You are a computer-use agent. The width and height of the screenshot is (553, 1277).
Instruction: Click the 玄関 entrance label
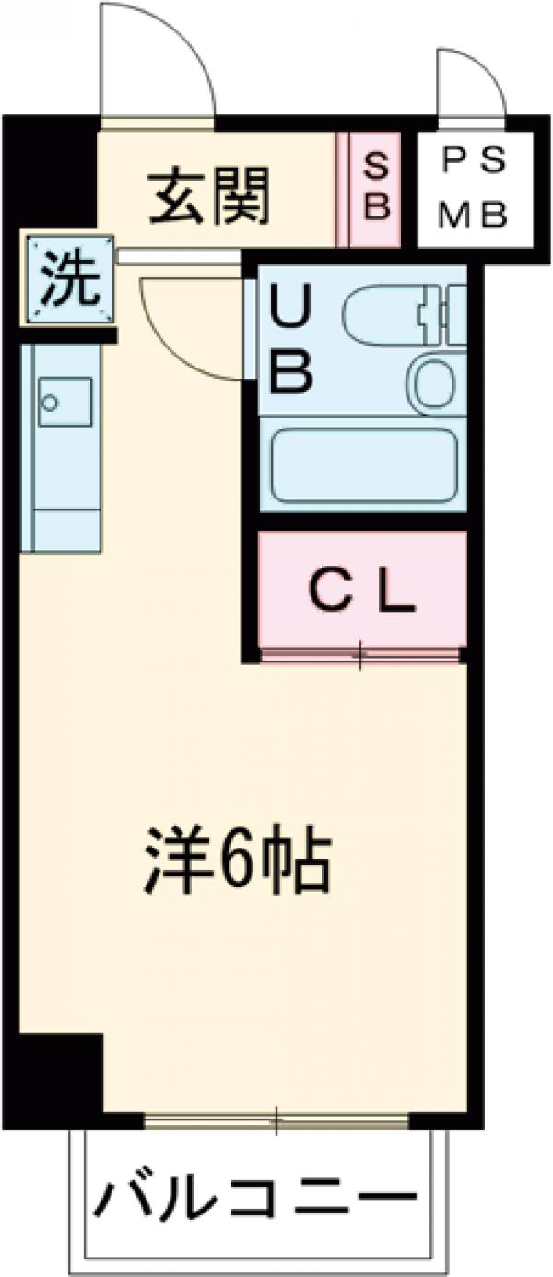pyautogui.click(x=210, y=197)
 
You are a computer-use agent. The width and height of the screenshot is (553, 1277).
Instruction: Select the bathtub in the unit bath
pyautogui.click(x=363, y=465)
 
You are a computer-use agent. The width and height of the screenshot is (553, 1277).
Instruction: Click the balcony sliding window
pyautogui.click(x=276, y=1120)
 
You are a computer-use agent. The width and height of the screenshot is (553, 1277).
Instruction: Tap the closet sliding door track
pyautogui.click(x=359, y=655)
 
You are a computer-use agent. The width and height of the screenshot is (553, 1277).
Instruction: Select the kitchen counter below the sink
pyautogui.click(x=63, y=498)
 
